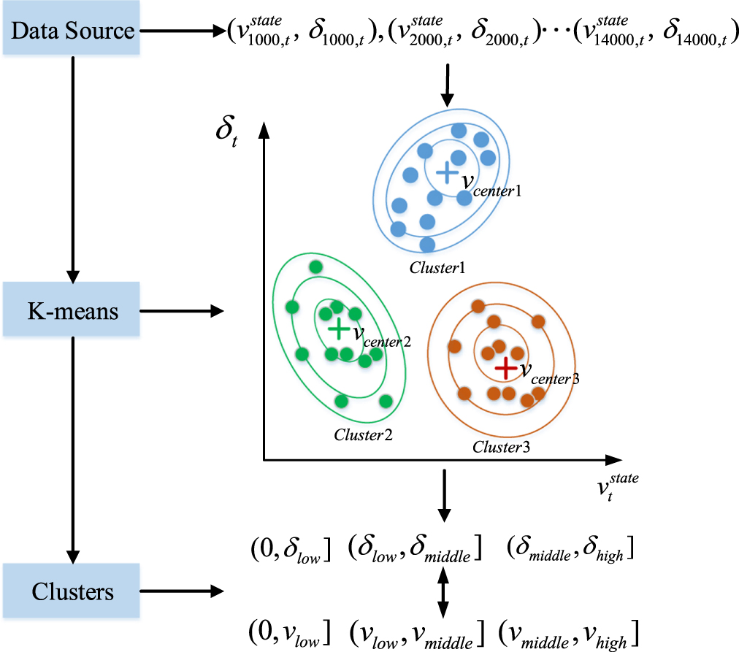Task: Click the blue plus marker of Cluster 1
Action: click(x=445, y=172)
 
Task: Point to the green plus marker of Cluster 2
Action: click(x=338, y=329)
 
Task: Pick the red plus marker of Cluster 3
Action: click(x=505, y=368)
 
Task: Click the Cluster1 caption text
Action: click(x=437, y=266)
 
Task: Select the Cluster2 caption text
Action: click(x=363, y=434)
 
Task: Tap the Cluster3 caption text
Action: click(x=501, y=446)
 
